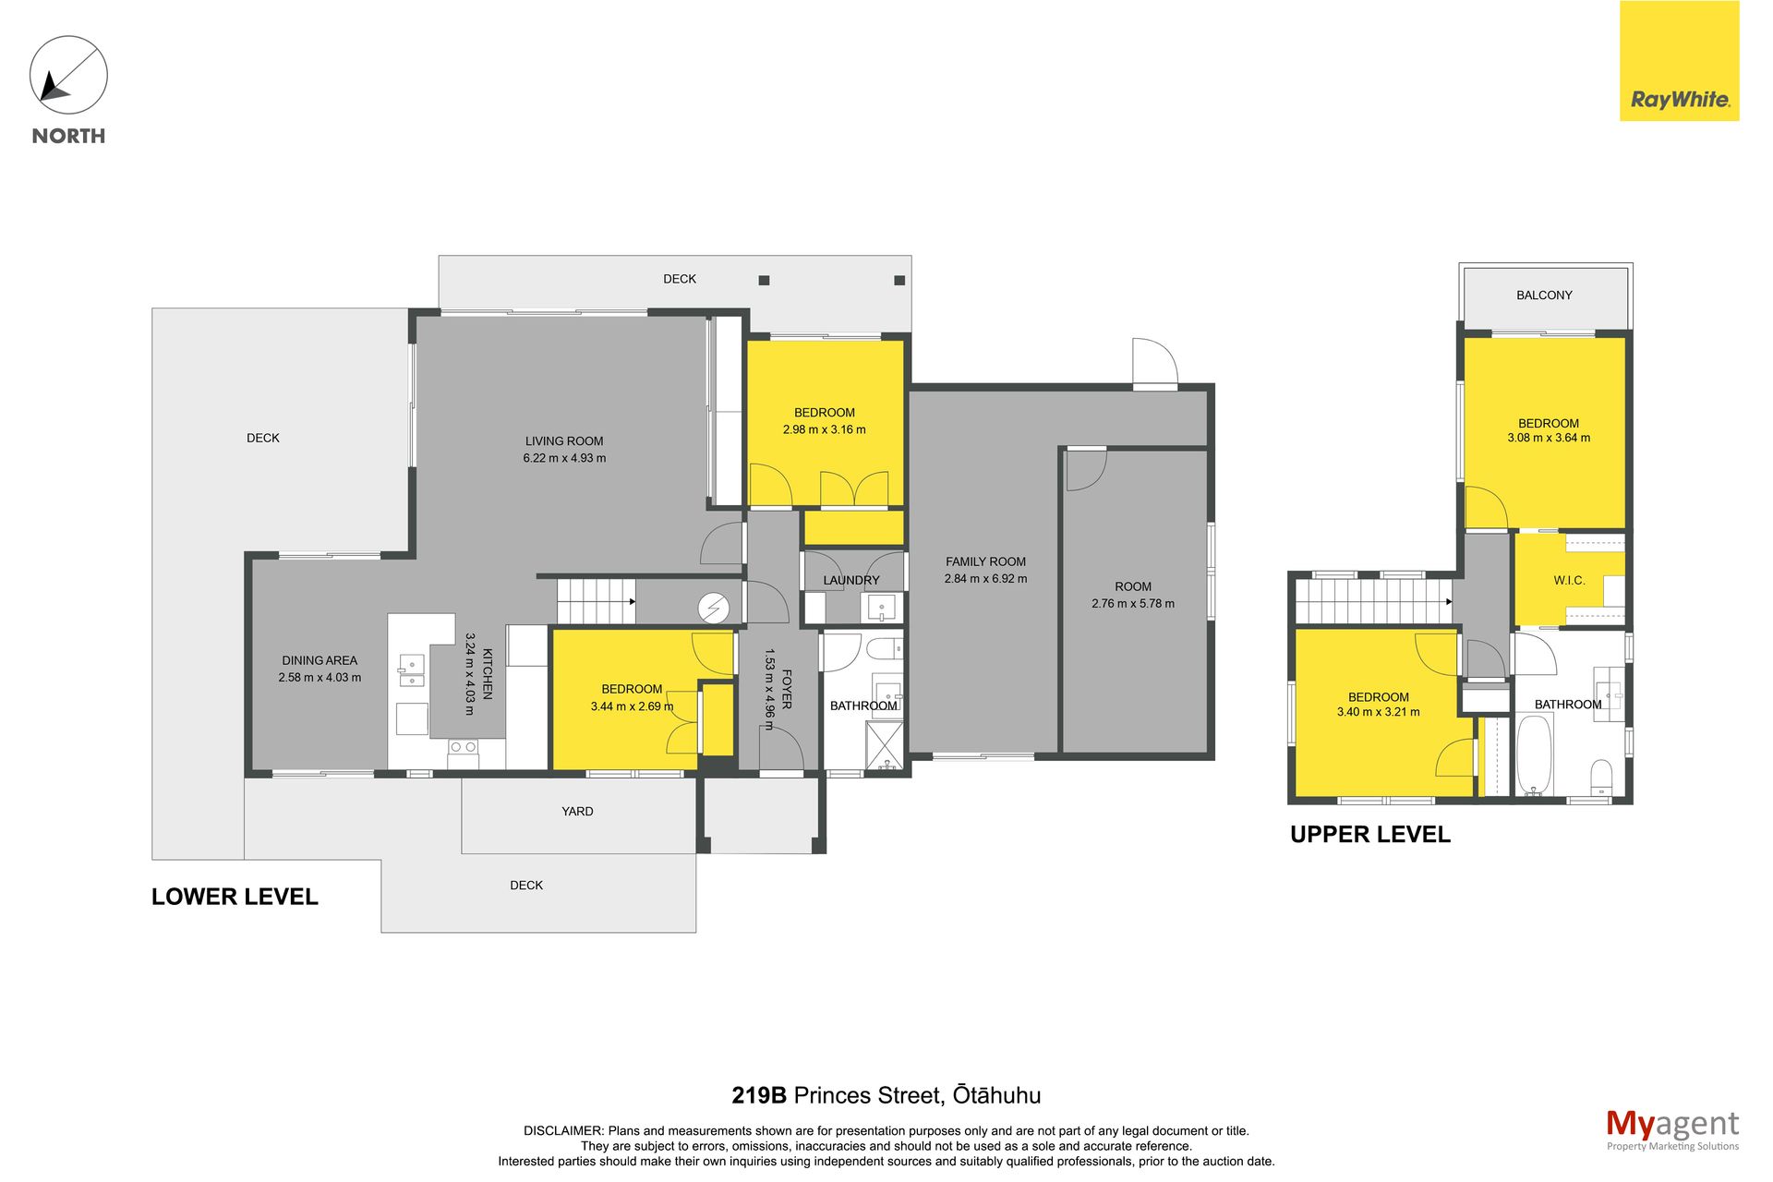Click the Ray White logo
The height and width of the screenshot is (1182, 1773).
pos(1679,61)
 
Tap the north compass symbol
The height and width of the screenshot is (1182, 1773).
pos(68,75)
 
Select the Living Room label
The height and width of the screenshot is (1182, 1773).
pos(564,441)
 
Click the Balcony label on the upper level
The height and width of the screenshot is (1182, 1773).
pos(1544,295)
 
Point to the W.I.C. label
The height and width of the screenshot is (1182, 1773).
pos(1569,581)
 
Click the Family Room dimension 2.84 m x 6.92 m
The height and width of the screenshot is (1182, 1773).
pos(985,579)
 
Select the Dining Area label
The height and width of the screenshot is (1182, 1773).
pos(320,660)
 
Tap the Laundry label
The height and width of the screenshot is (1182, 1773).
pos(851,581)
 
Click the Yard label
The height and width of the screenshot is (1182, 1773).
pos(577,812)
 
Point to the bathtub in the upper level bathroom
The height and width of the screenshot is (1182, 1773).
pos(1535,755)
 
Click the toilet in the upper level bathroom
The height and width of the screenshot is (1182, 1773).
pos(1602,777)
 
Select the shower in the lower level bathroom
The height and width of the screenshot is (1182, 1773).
pos(885,745)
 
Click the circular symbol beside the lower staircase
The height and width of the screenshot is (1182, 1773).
pos(714,608)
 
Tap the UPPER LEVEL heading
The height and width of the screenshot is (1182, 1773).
pos(1370,835)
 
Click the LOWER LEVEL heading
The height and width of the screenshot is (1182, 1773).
pos(235,897)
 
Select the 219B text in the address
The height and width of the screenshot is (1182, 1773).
pos(759,1095)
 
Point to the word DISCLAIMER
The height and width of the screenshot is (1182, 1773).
pos(563,1131)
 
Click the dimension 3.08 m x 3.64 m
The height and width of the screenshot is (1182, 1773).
pos(1549,438)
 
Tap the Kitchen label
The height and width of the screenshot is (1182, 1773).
pos(488,674)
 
